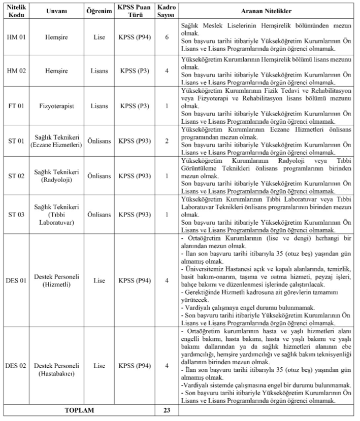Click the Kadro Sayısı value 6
click(x=166, y=37)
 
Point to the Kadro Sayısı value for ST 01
click(x=166, y=141)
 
